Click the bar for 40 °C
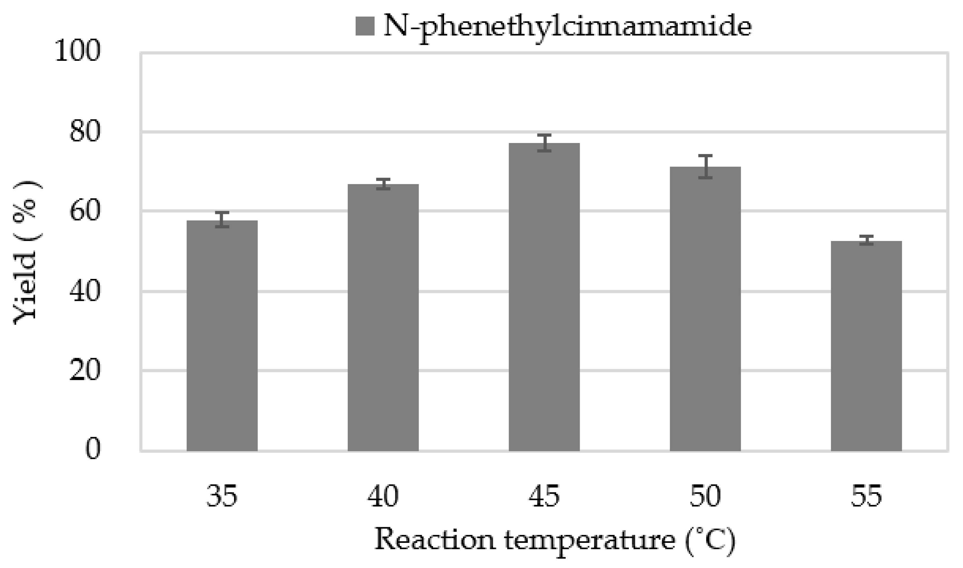point(383,318)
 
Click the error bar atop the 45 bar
point(544,143)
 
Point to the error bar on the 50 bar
point(705,167)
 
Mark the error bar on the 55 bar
point(866,240)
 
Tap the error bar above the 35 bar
point(222,220)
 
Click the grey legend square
point(365,26)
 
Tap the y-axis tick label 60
point(85,211)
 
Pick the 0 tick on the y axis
point(93,449)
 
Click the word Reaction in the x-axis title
point(434,540)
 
